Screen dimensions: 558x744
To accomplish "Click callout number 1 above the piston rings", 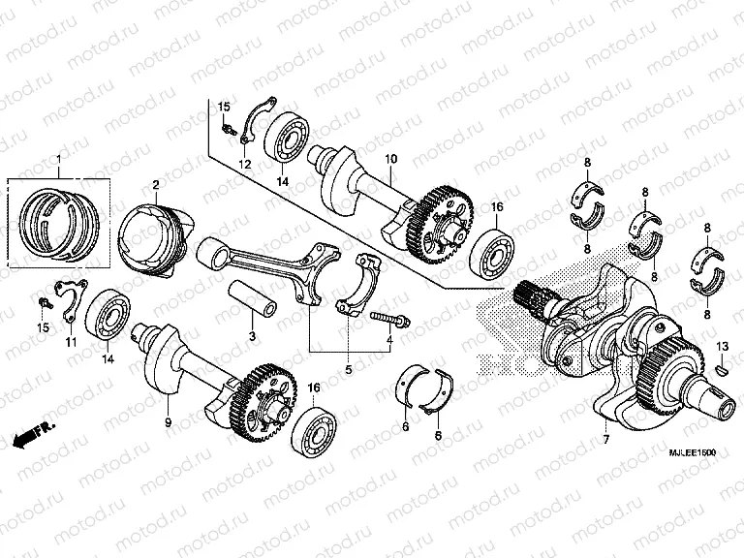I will click(x=57, y=159).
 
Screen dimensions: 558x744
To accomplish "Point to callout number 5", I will click(x=349, y=369).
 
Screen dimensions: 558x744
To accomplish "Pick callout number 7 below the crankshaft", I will click(x=607, y=440).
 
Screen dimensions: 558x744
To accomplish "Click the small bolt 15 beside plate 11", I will click(x=43, y=303).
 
